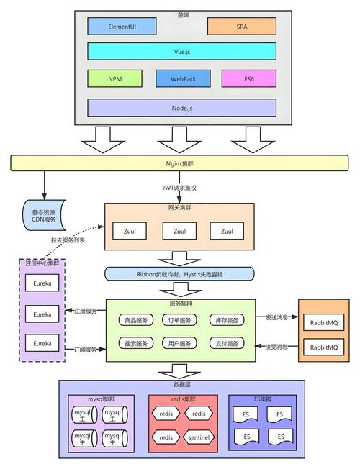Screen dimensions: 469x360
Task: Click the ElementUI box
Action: tap(122, 26)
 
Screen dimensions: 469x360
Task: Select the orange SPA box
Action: tap(241, 26)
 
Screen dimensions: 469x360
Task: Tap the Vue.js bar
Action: tap(181, 51)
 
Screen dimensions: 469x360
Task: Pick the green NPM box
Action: tap(115, 78)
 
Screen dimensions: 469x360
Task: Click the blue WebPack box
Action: tap(181, 78)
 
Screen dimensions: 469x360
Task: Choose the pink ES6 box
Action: tap(248, 78)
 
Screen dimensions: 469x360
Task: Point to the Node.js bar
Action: tap(181, 107)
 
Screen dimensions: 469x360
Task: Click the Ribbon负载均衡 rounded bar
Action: tap(179, 273)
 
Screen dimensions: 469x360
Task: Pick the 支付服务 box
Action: tap(226, 343)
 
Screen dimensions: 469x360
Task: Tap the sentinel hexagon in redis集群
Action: tap(199, 437)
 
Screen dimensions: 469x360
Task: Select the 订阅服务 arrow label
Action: tap(85, 350)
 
